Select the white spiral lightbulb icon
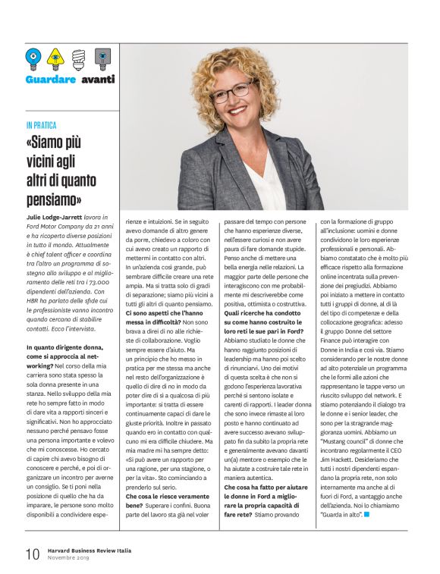[x=78, y=58]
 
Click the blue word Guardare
[x=50, y=79]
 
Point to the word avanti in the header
[x=98, y=79]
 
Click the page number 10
[x=32, y=554]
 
